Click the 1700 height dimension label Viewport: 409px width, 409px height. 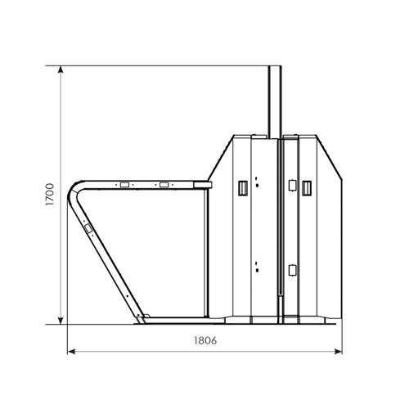pyautogui.click(x=50, y=195)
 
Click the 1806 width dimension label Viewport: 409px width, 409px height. pyautogui.click(x=205, y=340)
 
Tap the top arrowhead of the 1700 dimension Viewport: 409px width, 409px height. pyautogui.click(x=61, y=70)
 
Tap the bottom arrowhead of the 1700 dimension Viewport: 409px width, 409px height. pyautogui.click(x=61, y=321)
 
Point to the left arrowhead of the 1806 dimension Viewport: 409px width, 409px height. pyautogui.click(x=71, y=352)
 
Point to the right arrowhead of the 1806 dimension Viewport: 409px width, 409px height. pyautogui.click(x=338, y=352)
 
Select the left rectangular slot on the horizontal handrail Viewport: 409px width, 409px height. pyautogui.click(x=124, y=185)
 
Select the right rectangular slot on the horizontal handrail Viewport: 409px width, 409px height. pyautogui.click(x=164, y=185)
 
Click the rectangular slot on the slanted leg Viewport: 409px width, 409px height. pyautogui.click(x=88, y=228)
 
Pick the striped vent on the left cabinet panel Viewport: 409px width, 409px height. pyautogui.click(x=243, y=188)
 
